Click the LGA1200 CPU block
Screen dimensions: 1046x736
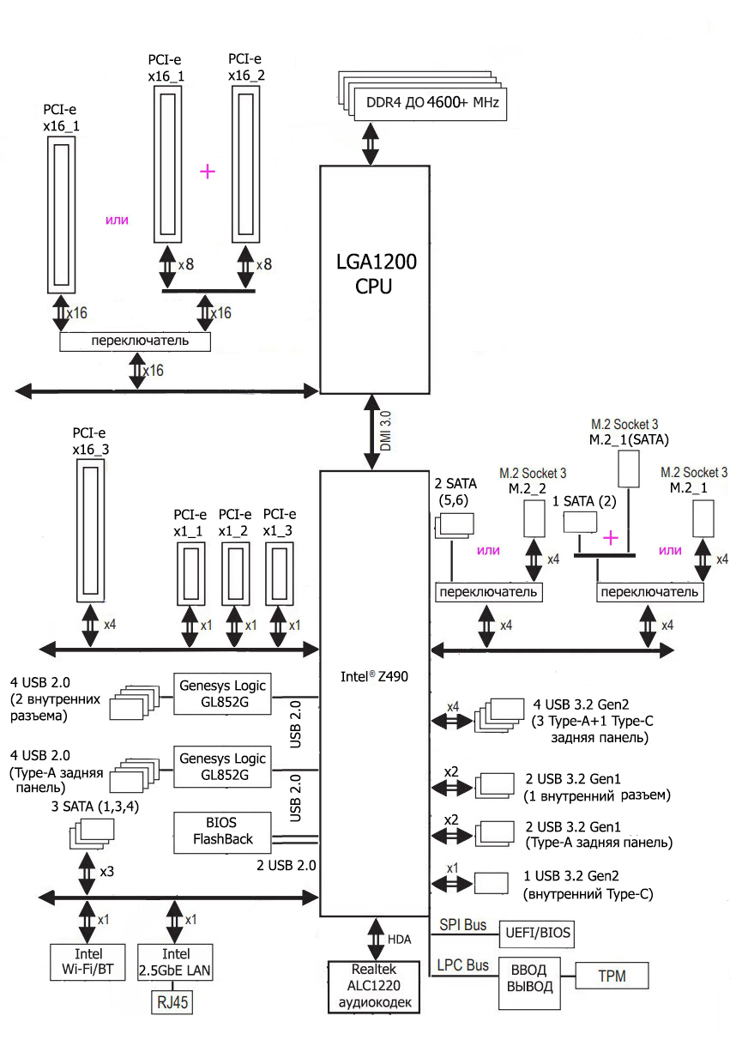coord(373,279)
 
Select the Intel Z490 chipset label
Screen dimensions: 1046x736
coord(373,677)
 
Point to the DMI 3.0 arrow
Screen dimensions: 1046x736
coord(373,432)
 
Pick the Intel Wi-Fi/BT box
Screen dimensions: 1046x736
coord(88,963)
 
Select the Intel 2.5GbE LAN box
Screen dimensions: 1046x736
coord(176,963)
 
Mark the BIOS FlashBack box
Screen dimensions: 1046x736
coord(223,831)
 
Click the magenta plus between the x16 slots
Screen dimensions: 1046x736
coord(207,171)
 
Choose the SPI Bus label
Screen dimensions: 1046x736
coord(463,925)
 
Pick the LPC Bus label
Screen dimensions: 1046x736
coord(463,965)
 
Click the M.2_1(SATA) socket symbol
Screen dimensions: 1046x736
coord(630,469)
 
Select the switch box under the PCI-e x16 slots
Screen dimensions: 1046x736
coord(136,342)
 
